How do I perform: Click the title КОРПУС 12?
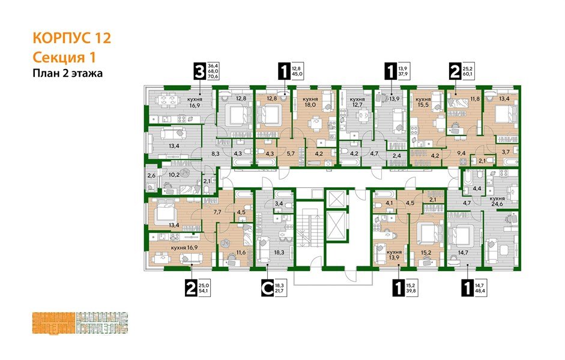pos(71,39)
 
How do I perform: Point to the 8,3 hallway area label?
pos(215,154)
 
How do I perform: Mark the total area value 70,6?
pos(213,77)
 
